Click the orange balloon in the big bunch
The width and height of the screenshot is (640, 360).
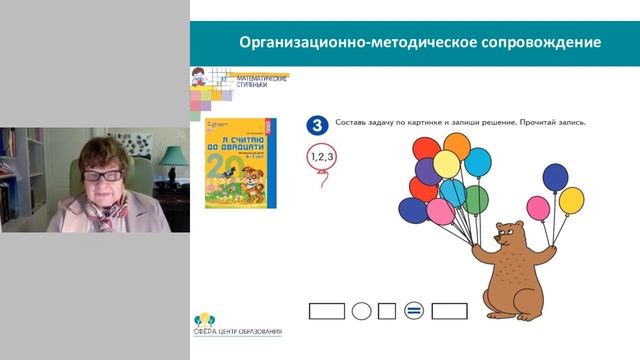[x=456, y=146]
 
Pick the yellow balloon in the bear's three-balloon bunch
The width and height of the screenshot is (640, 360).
[x=571, y=200]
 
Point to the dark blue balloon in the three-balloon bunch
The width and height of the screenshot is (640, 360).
[x=555, y=178]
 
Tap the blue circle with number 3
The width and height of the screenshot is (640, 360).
[x=317, y=124]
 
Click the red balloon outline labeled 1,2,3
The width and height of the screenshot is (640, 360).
[x=321, y=156]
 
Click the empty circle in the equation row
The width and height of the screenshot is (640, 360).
[x=362, y=311]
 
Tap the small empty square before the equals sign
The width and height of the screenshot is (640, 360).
[x=387, y=311]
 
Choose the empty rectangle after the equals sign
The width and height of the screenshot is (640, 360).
[x=449, y=311]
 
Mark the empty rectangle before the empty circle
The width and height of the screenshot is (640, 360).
[x=327, y=311]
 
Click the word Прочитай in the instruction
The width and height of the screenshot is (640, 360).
[x=522, y=122]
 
